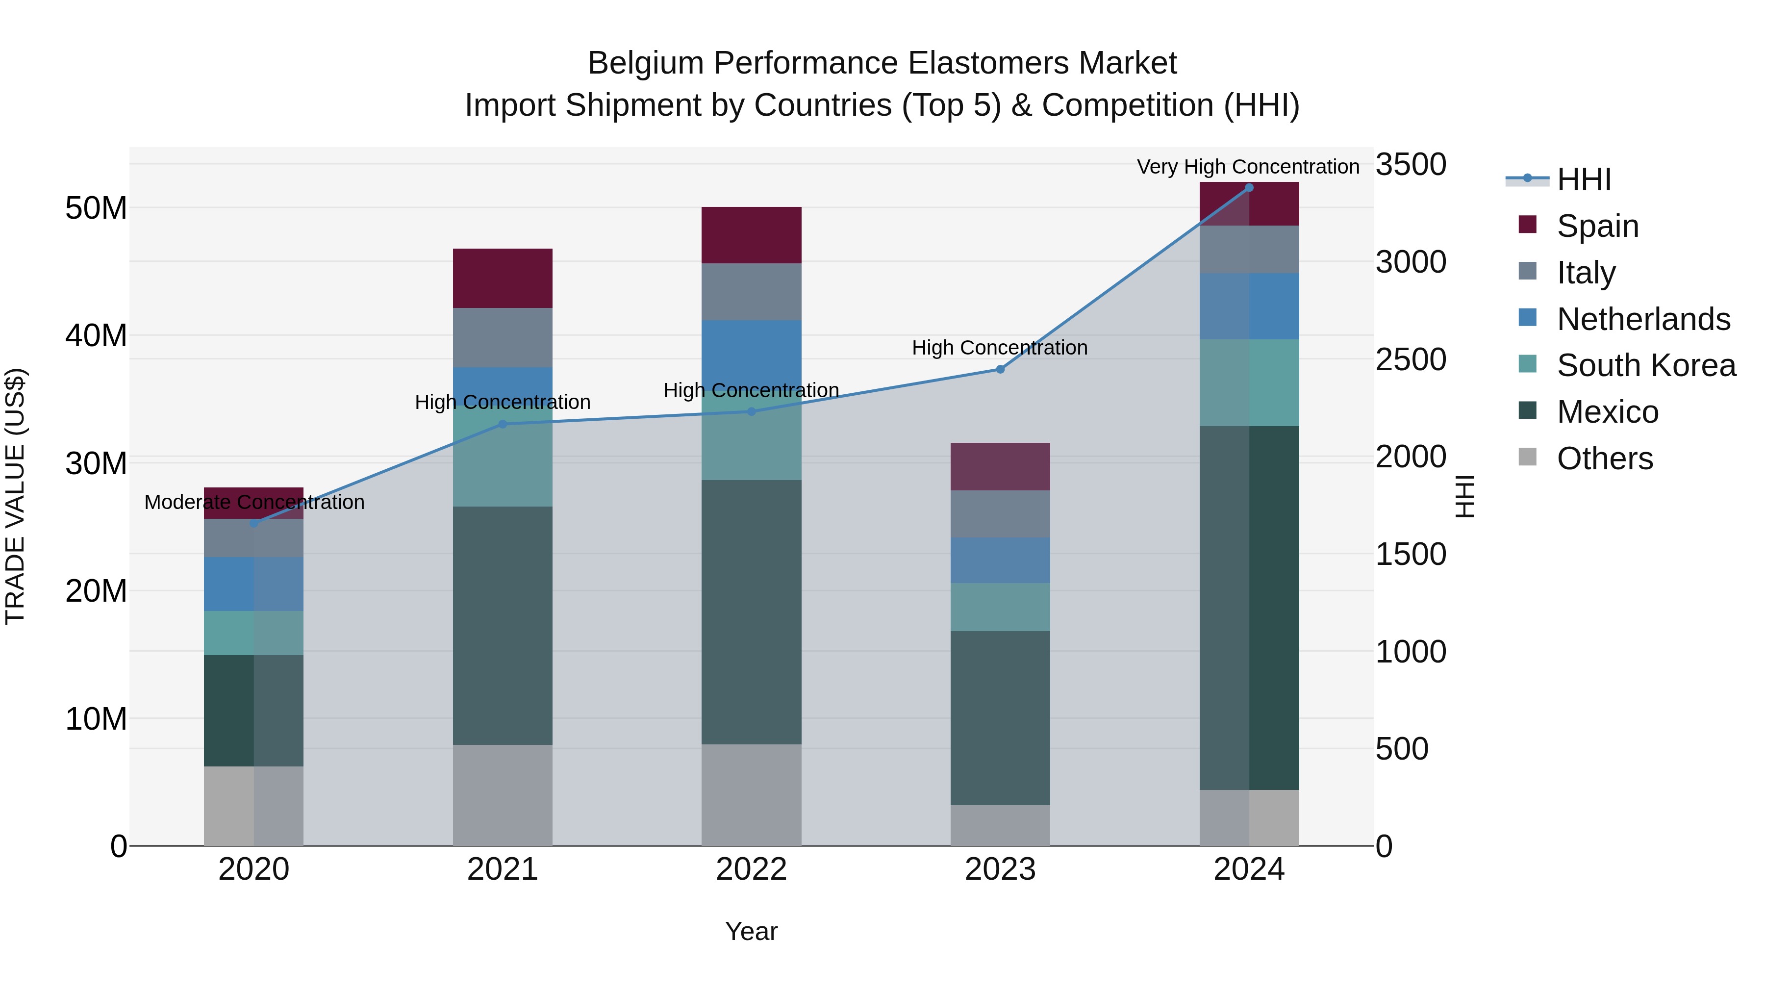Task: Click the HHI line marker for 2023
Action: tap(1000, 369)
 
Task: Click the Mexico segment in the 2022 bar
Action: tap(751, 612)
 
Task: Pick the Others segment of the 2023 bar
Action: tap(1000, 825)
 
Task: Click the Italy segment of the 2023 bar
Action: tap(1000, 514)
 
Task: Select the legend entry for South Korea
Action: tap(1646, 365)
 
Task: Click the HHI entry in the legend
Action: tap(1584, 179)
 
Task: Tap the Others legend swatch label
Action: tap(1604, 458)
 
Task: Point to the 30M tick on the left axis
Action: tap(96, 464)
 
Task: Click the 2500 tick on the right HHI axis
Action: tap(1410, 360)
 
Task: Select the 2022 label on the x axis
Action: tap(751, 869)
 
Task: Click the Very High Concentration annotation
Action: tap(1248, 167)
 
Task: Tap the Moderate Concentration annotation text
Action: tap(254, 502)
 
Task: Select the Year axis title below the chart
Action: tap(751, 931)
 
